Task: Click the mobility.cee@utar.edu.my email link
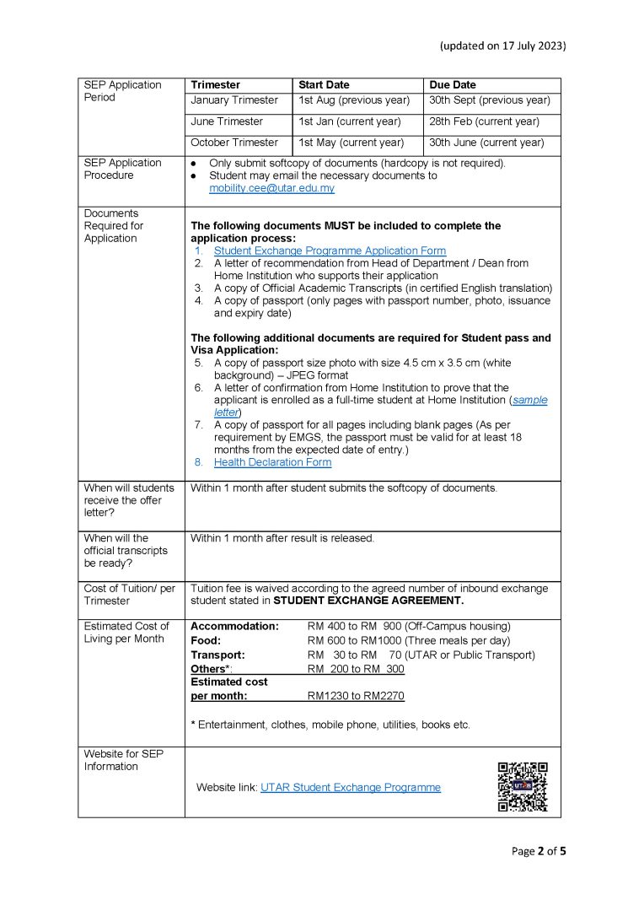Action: pos(271,188)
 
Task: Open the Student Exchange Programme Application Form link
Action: pos(330,251)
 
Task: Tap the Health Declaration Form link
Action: pos(272,462)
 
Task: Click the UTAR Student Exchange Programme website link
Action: pos(350,787)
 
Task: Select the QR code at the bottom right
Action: pos(523,786)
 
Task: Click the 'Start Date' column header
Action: pos(324,85)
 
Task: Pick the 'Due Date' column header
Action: pos(453,85)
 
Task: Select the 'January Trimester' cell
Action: pos(234,100)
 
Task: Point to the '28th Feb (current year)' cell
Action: pos(484,121)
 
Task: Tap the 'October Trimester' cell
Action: pos(234,143)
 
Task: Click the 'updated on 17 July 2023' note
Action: pos(502,46)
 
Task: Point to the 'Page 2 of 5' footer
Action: pos(539,851)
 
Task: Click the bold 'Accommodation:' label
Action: pos(234,626)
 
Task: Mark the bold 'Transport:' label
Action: pos(217,655)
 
